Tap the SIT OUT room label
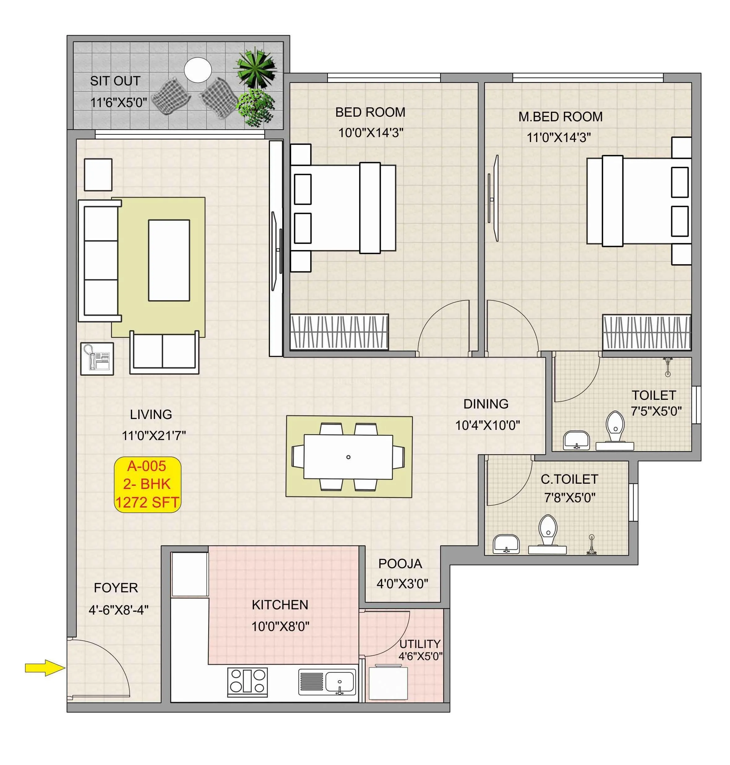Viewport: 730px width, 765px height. [x=115, y=81]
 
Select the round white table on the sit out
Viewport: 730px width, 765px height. [x=198, y=70]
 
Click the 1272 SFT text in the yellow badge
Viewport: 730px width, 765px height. [x=147, y=502]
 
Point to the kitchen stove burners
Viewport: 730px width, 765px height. [x=247, y=682]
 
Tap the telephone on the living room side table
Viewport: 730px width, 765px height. [x=97, y=359]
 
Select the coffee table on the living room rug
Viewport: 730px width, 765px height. [x=169, y=260]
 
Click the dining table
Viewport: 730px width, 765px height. [x=348, y=457]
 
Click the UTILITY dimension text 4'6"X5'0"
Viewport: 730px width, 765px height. [x=420, y=656]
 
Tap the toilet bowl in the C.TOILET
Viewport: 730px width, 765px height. [x=547, y=530]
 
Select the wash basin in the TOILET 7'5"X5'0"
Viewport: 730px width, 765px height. [x=576, y=440]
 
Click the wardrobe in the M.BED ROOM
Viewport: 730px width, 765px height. [x=646, y=332]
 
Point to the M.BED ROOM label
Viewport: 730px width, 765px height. [x=560, y=116]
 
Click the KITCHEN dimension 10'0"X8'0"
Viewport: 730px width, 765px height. [x=280, y=626]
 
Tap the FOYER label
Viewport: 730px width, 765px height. [x=116, y=588]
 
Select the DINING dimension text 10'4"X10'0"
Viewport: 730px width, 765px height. [x=487, y=425]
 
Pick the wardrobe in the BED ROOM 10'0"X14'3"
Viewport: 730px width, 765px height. [x=339, y=332]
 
